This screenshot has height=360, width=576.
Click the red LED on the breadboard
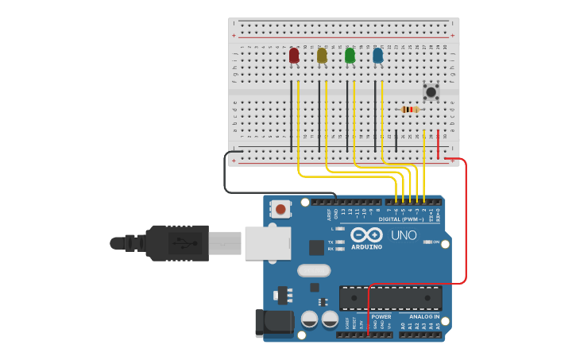294,55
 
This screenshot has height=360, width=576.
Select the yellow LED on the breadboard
322,55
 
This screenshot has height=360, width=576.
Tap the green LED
350,55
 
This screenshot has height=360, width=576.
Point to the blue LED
377,55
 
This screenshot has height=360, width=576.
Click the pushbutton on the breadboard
431,92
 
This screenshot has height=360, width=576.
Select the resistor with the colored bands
409,109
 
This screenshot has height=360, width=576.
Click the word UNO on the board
404,235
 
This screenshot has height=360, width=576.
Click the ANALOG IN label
424,316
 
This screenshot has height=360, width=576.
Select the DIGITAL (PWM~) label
401,219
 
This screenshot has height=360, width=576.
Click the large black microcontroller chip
390,298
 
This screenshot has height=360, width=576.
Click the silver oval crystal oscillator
314,270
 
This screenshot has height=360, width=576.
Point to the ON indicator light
427,242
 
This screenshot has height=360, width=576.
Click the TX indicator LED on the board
341,242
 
